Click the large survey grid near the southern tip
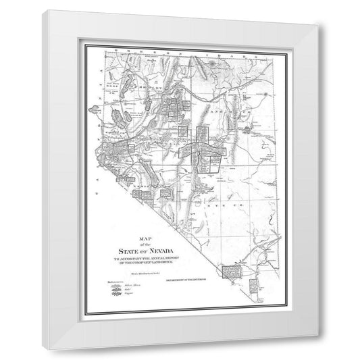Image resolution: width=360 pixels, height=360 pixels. (238, 273)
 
